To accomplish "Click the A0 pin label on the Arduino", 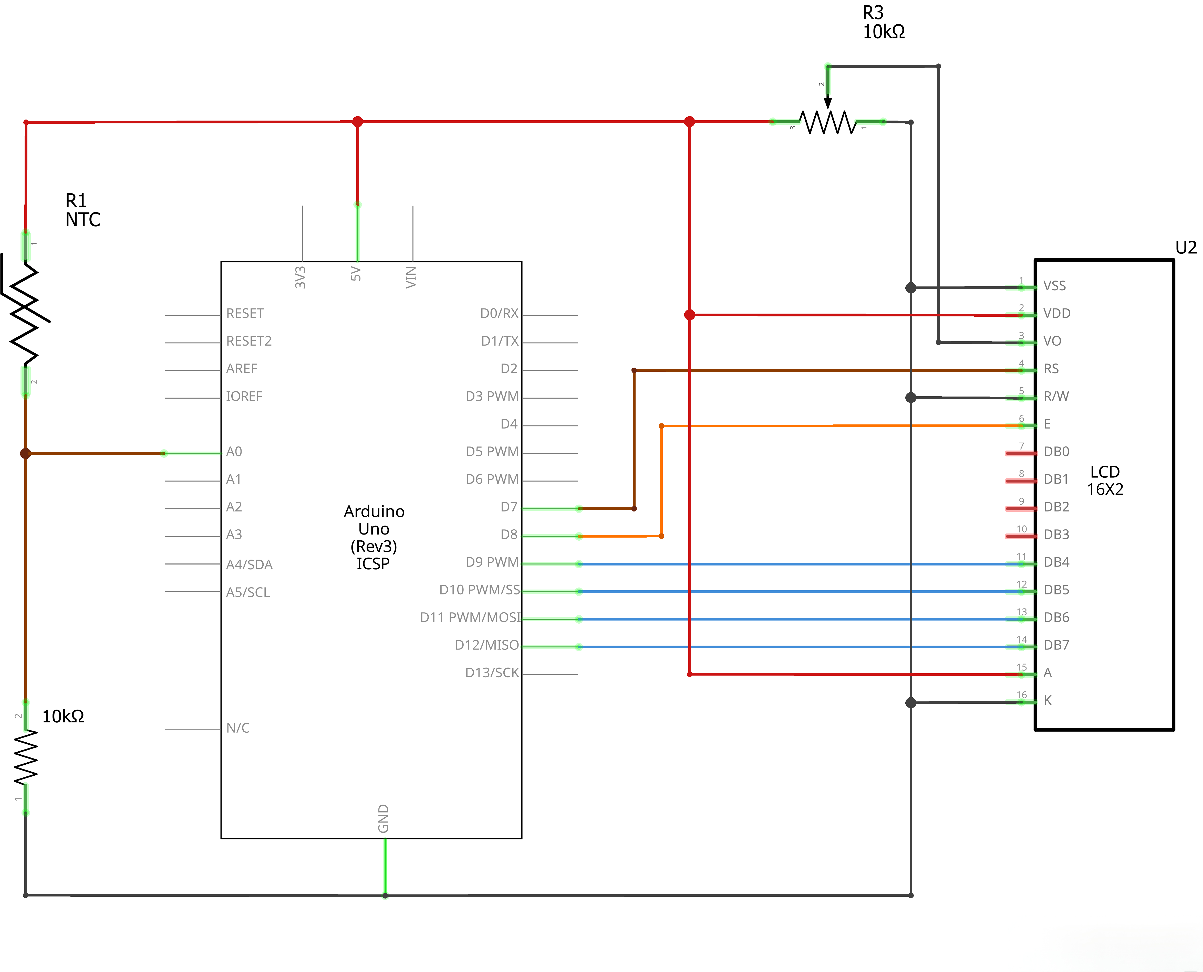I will pos(234,452).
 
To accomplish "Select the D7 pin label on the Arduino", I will pos(509,507).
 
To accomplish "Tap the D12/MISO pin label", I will pos(486,645).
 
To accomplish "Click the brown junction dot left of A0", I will pos(25,453).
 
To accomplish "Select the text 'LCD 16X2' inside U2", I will pos(1105,480).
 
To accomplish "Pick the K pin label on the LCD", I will pos(1047,700).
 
